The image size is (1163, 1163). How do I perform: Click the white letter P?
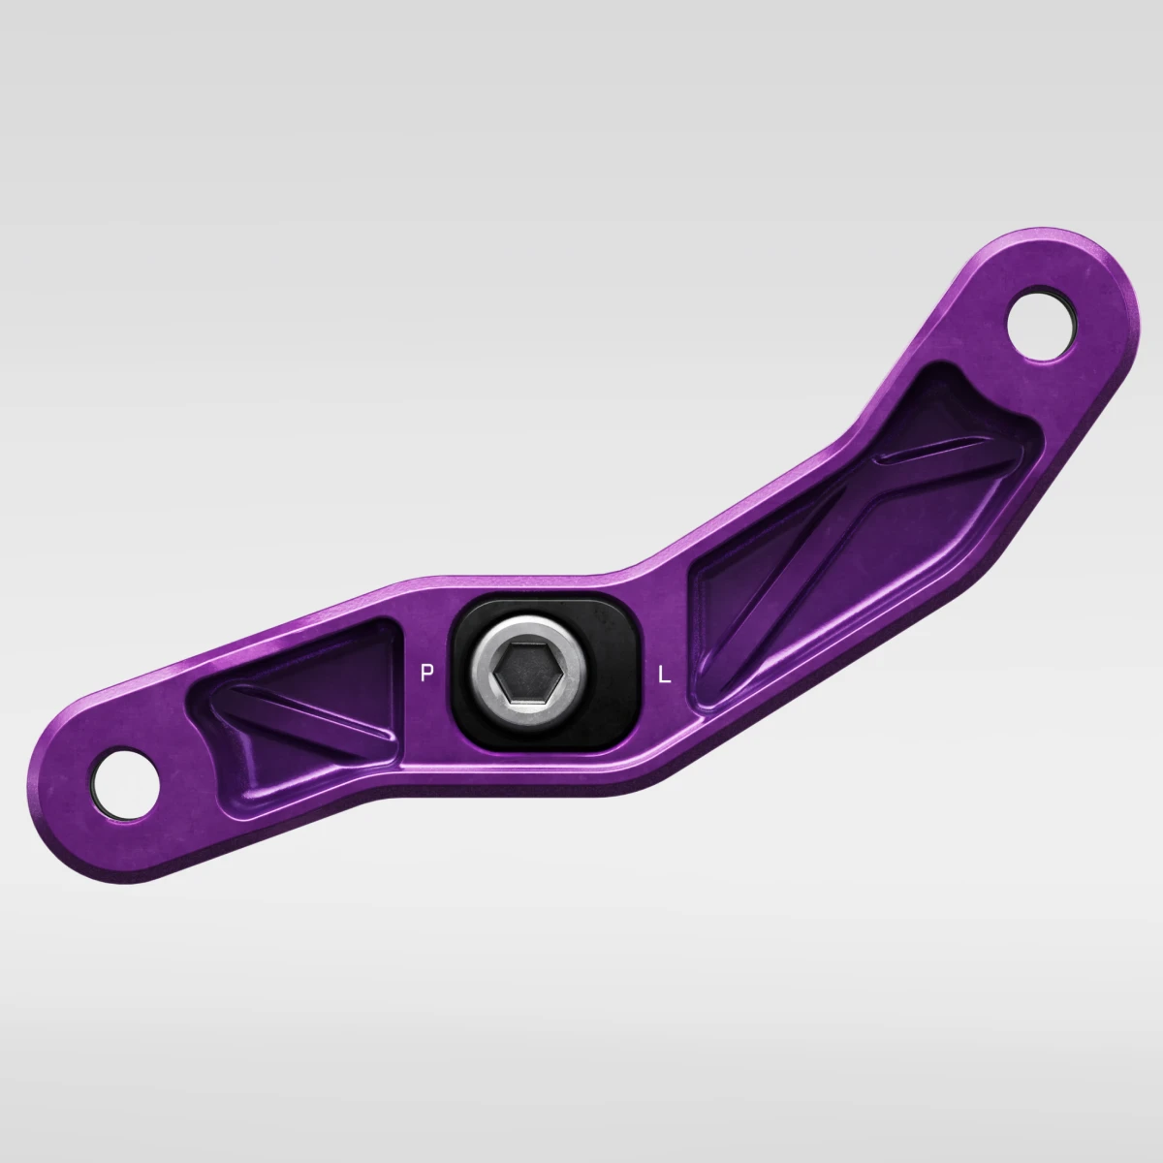pos(426,673)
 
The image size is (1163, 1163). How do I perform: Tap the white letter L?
pos(665,675)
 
